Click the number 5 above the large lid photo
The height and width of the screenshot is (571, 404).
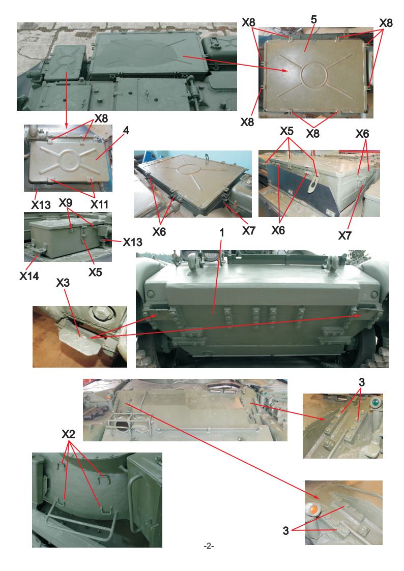pos(313,20)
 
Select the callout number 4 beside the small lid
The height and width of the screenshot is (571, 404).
pos(126,130)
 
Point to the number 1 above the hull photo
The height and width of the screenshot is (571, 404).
pos(221,233)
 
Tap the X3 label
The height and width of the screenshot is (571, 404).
pos(63,283)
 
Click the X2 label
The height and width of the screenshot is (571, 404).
pos(68,434)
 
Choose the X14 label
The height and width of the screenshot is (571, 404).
pos(29,277)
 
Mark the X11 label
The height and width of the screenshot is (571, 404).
pos(99,205)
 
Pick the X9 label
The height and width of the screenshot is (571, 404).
pos(66,202)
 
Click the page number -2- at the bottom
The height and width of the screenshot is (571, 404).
pos(209,546)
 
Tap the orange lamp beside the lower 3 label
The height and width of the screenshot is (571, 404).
pos(313,509)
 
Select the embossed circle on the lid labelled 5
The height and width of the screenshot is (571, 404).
pos(314,75)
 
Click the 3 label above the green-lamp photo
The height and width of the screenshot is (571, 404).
pos(361,382)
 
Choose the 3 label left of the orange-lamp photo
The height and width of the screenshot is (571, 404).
pos(286,531)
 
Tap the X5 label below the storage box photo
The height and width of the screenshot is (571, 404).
pos(95,273)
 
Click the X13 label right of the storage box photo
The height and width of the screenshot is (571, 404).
pos(133,242)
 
